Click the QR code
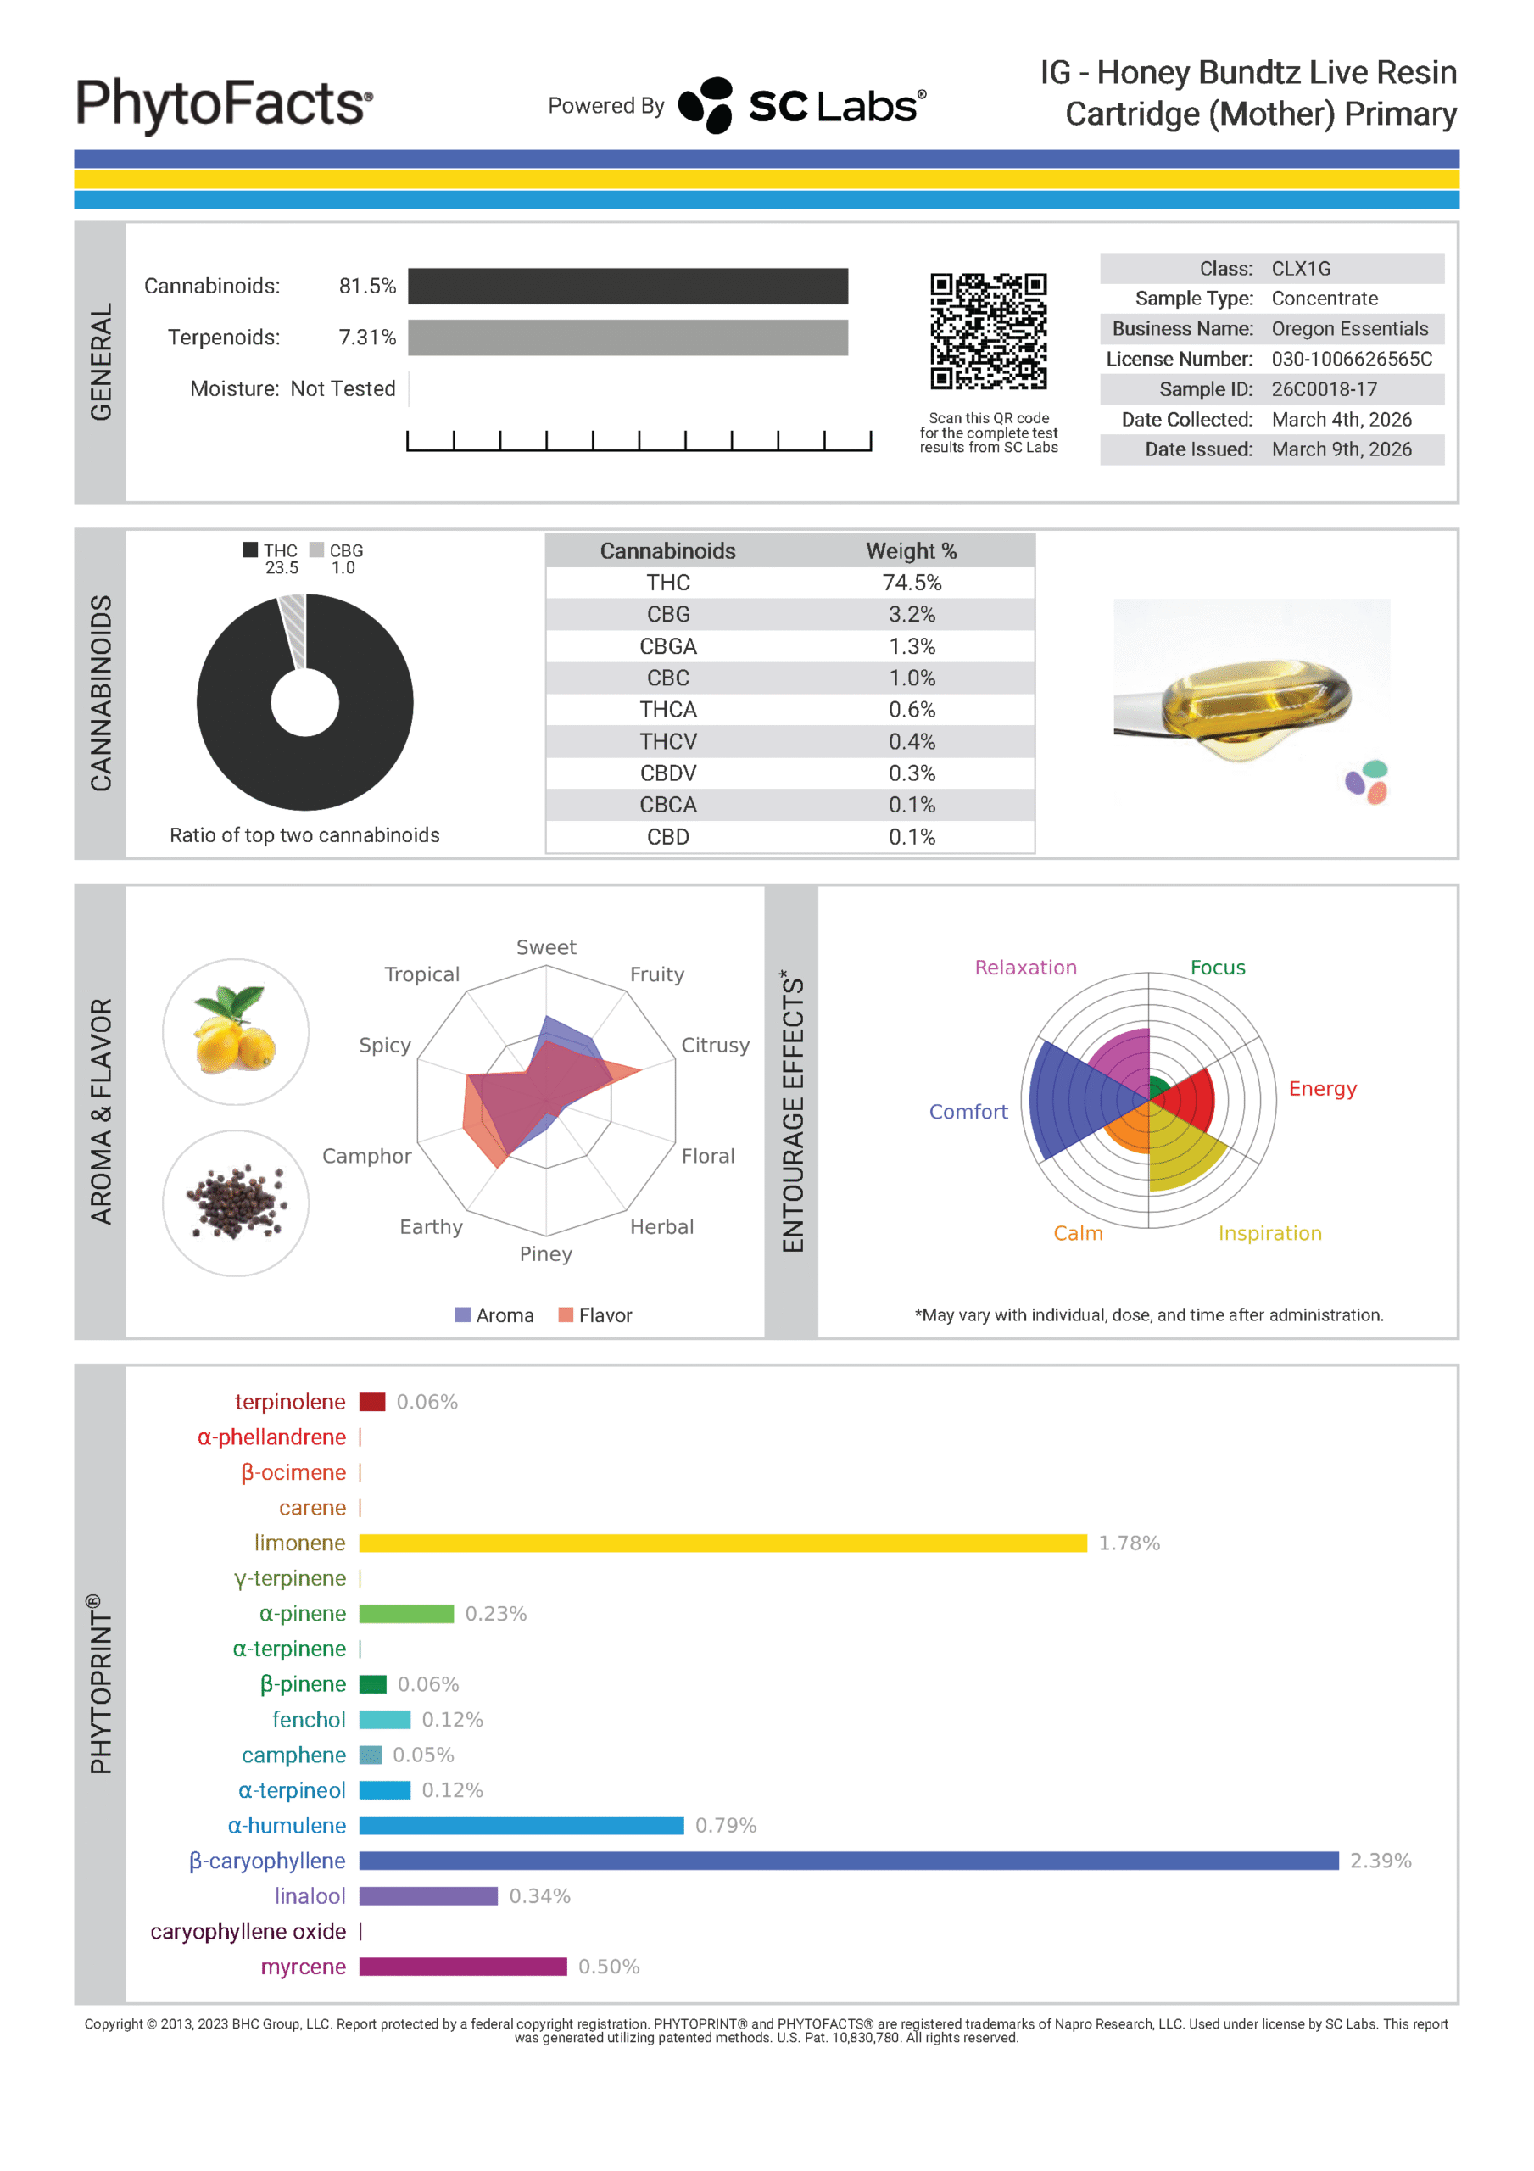point(988,331)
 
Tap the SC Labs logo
point(802,105)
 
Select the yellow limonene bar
point(722,1543)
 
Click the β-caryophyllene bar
point(848,1861)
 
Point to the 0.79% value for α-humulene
point(725,1826)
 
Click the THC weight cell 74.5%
point(911,583)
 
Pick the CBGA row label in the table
point(667,647)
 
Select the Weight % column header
point(911,551)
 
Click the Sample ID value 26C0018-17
point(1323,389)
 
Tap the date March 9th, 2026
point(1341,449)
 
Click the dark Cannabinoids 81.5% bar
point(628,287)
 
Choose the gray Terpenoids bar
point(628,338)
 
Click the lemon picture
point(236,1031)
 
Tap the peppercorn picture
point(236,1203)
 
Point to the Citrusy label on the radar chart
point(715,1045)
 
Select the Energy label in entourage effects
point(1322,1088)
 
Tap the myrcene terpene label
point(303,1967)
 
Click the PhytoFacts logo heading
point(224,103)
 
